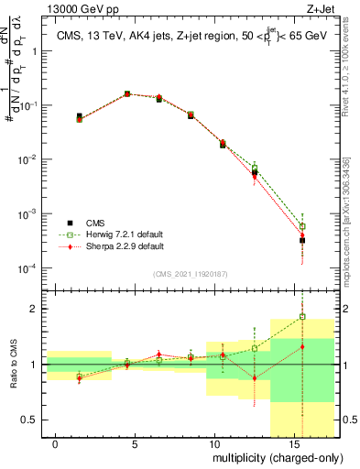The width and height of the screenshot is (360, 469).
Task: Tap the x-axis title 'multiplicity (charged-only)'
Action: (275, 455)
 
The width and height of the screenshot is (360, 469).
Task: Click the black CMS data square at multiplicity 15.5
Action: (301, 240)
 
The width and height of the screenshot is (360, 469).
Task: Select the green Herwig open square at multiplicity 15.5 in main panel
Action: (301, 225)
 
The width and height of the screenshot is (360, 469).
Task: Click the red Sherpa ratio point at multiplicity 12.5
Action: (254, 377)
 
